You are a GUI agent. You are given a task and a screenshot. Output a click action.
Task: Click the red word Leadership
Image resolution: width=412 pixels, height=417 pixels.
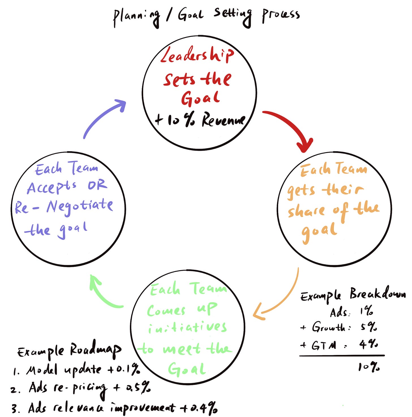pyautogui.click(x=197, y=55)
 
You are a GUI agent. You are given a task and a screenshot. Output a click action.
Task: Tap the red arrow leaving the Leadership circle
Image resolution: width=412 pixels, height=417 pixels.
pyautogui.click(x=291, y=127)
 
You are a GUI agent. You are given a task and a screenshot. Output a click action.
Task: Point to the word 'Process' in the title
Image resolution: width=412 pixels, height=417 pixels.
pyautogui.click(x=281, y=15)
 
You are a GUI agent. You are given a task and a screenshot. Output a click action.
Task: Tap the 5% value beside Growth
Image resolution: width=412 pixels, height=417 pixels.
pyautogui.click(x=369, y=327)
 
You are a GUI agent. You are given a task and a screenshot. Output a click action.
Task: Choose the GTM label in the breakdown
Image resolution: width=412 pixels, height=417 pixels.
pyautogui.click(x=324, y=345)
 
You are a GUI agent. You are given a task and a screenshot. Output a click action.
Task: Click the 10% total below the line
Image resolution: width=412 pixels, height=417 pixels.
pyautogui.click(x=369, y=367)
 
